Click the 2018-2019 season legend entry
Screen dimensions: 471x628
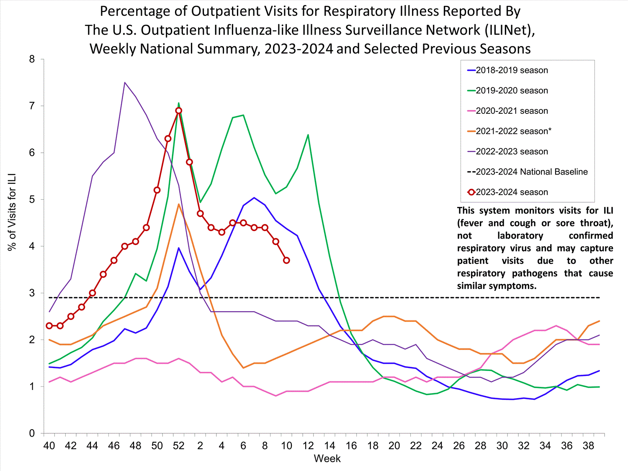[x=512, y=70]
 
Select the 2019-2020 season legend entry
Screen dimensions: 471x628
[x=512, y=90]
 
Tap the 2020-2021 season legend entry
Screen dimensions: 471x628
[x=512, y=111]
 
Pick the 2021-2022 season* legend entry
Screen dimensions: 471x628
[x=513, y=131]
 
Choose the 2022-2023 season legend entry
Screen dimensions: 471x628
[x=512, y=152]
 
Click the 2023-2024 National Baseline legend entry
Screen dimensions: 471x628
[x=531, y=172]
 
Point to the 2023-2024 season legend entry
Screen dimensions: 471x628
[x=512, y=192]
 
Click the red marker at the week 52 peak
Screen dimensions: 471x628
[x=179, y=111]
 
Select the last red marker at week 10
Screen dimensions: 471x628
[x=286, y=260]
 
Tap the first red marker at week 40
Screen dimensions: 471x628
[x=49, y=326]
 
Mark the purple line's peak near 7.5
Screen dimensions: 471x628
[x=125, y=82]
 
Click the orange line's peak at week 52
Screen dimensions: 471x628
[x=179, y=204]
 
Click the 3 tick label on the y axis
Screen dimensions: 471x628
[x=32, y=293]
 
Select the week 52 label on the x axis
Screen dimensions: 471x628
[x=179, y=446]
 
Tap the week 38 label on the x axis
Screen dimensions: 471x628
[x=588, y=446]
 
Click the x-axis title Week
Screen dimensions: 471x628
[x=327, y=459]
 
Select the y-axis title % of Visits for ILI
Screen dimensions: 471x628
[x=12, y=212]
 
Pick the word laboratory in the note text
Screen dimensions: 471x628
[x=520, y=236]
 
